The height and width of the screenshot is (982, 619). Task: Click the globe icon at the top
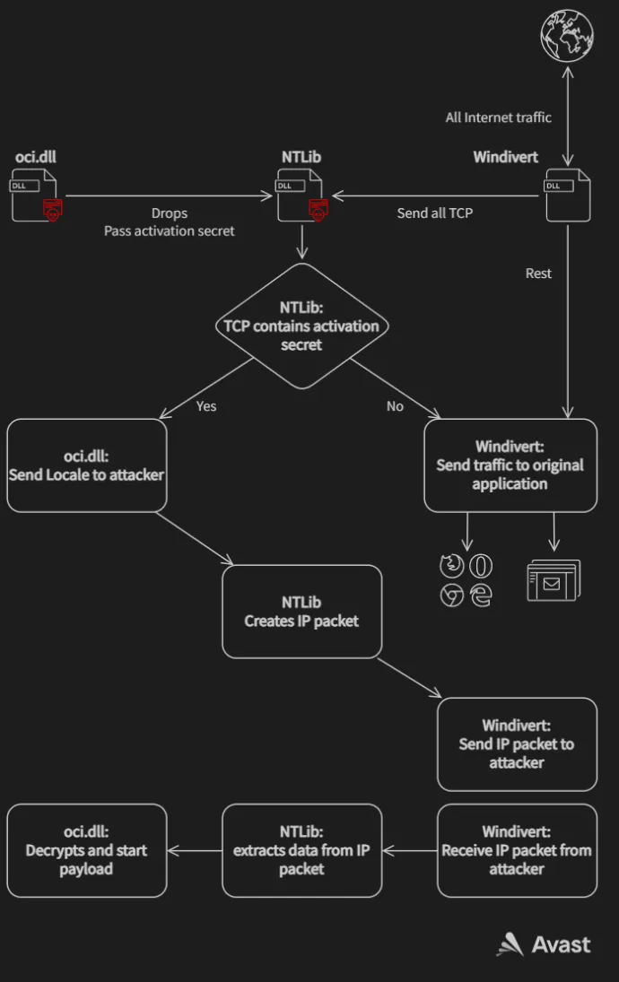coord(567,36)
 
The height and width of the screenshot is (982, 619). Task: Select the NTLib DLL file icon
coord(301,196)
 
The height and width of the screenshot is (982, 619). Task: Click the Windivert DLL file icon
coord(567,196)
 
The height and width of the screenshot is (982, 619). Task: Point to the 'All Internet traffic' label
coord(499,117)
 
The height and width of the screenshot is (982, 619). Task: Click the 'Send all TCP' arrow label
coord(435,213)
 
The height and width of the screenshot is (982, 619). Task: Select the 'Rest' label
coord(538,274)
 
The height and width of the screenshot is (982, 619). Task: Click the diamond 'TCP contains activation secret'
coord(301,326)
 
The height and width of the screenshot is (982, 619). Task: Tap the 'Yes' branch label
coord(206,406)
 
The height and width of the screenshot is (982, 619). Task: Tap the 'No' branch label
coord(395,406)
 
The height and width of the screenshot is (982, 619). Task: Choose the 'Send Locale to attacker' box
coord(86,465)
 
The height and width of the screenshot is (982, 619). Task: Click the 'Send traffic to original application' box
coord(510,465)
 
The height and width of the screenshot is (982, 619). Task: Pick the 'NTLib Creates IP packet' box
coord(301,611)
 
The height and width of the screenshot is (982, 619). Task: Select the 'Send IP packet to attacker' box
coord(517,743)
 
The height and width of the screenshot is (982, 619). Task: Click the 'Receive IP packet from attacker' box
coord(517,850)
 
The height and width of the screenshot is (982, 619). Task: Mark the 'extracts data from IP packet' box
coord(301,850)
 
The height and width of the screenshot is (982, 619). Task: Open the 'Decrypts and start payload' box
coord(86,850)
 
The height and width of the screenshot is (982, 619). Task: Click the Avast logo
coord(544,944)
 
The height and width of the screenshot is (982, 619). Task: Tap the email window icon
coord(554,580)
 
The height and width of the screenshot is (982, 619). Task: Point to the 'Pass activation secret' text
coord(170,230)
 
